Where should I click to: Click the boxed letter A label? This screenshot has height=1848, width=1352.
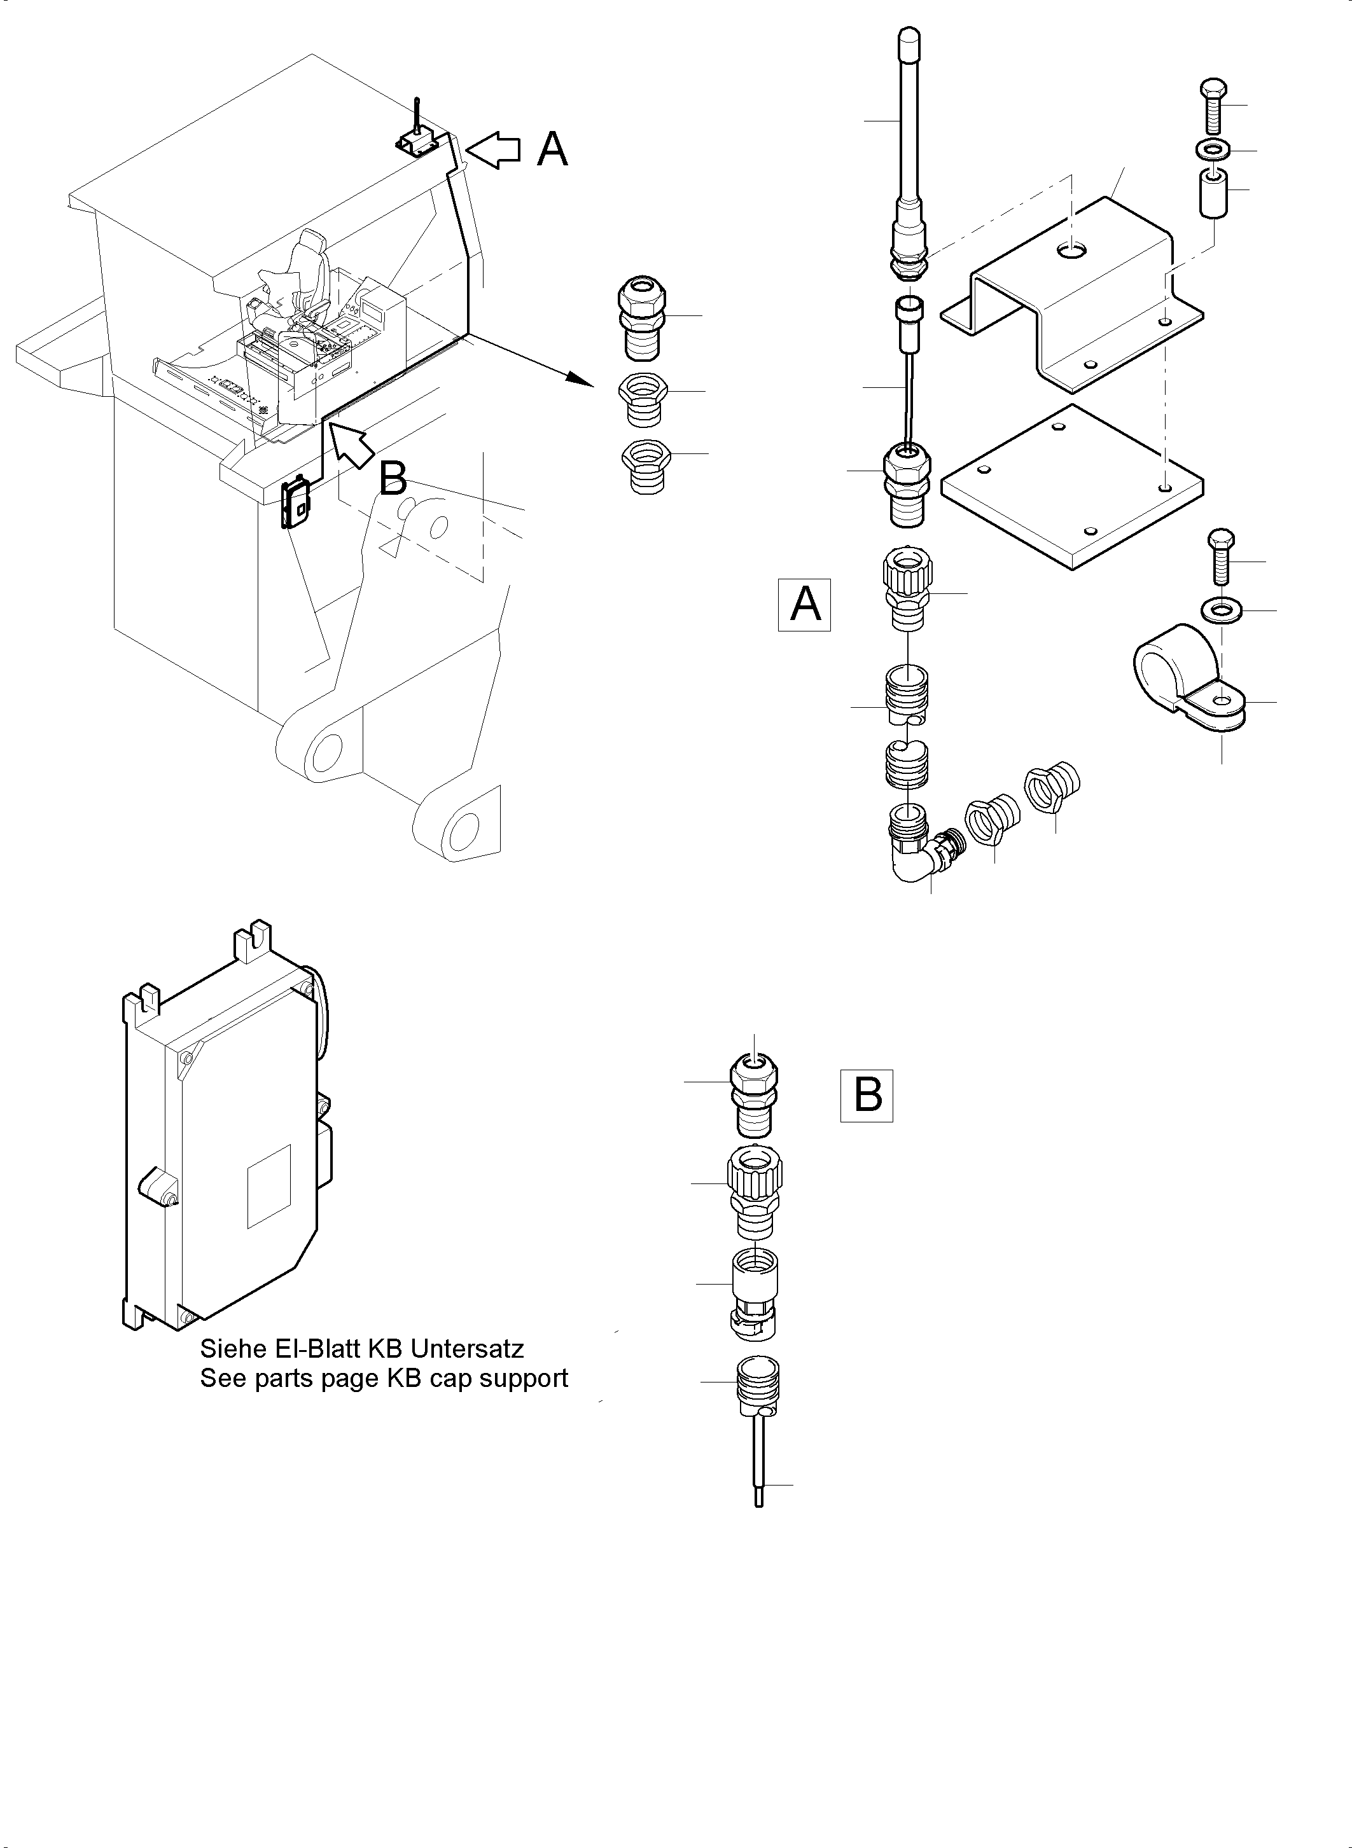[804, 605]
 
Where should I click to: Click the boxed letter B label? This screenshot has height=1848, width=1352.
[867, 1094]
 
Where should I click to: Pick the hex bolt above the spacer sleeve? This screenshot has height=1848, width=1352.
[1213, 106]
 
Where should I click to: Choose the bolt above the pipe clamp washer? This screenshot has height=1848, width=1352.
[1220, 556]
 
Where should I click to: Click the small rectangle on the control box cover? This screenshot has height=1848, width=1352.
[269, 1185]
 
